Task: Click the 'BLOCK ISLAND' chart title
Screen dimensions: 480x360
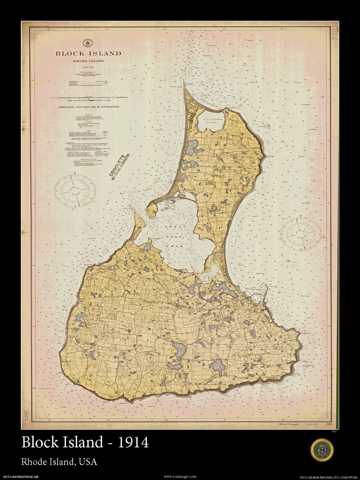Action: coord(88,53)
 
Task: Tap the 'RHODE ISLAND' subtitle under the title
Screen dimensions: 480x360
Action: coord(88,61)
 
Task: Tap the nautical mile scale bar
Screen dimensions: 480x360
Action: coord(88,98)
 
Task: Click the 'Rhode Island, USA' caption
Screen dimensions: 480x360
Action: coord(59,462)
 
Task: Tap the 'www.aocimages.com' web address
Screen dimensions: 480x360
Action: coord(180,477)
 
